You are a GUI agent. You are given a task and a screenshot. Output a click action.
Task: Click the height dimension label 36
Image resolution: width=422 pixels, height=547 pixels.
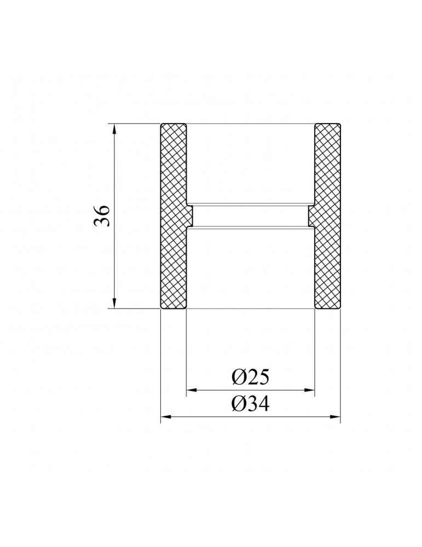coord(102,216)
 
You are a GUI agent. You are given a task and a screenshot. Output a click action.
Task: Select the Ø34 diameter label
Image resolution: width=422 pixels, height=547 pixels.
coord(251,405)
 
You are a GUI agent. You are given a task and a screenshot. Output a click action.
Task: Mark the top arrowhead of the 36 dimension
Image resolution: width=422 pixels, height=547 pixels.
coord(114,128)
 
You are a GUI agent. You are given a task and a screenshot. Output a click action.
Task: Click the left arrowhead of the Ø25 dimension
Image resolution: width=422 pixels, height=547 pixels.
coord(191,390)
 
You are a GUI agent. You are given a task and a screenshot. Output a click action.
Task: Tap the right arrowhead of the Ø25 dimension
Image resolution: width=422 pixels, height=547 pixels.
coord(310,390)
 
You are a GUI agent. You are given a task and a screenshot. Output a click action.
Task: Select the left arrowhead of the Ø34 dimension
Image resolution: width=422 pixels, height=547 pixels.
coord(165,416)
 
